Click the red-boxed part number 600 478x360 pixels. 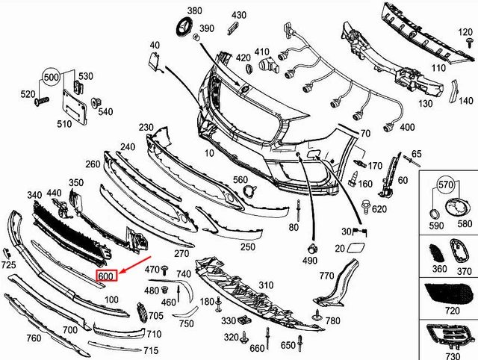107,276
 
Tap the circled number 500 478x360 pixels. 51,77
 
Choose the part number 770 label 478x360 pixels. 326,276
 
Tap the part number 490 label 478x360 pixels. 311,261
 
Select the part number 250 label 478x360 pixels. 248,247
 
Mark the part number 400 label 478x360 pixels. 408,128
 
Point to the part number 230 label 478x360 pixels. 146,128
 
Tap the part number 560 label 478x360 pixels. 240,180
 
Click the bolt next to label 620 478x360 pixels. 366,205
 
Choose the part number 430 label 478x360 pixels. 239,15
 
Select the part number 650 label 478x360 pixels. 288,346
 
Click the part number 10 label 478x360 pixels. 209,153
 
